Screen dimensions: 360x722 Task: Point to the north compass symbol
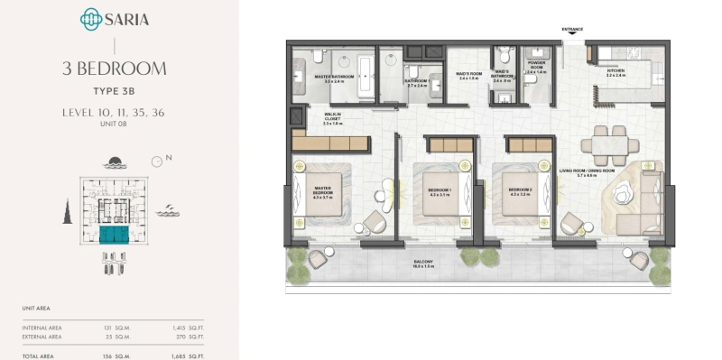point(158,161)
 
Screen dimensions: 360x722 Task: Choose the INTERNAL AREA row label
point(42,327)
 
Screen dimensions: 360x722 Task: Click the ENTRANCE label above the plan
point(573,29)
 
